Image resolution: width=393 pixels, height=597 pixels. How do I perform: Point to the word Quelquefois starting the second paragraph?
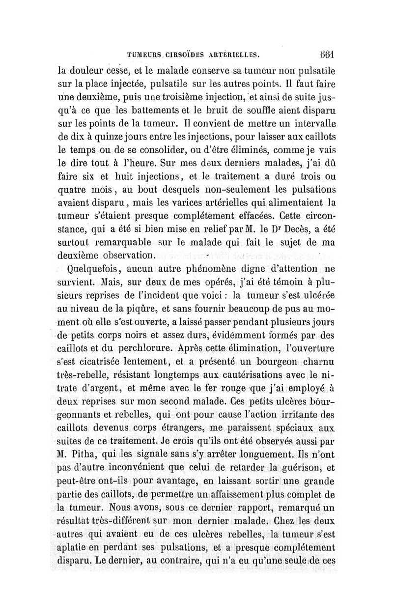97,269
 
